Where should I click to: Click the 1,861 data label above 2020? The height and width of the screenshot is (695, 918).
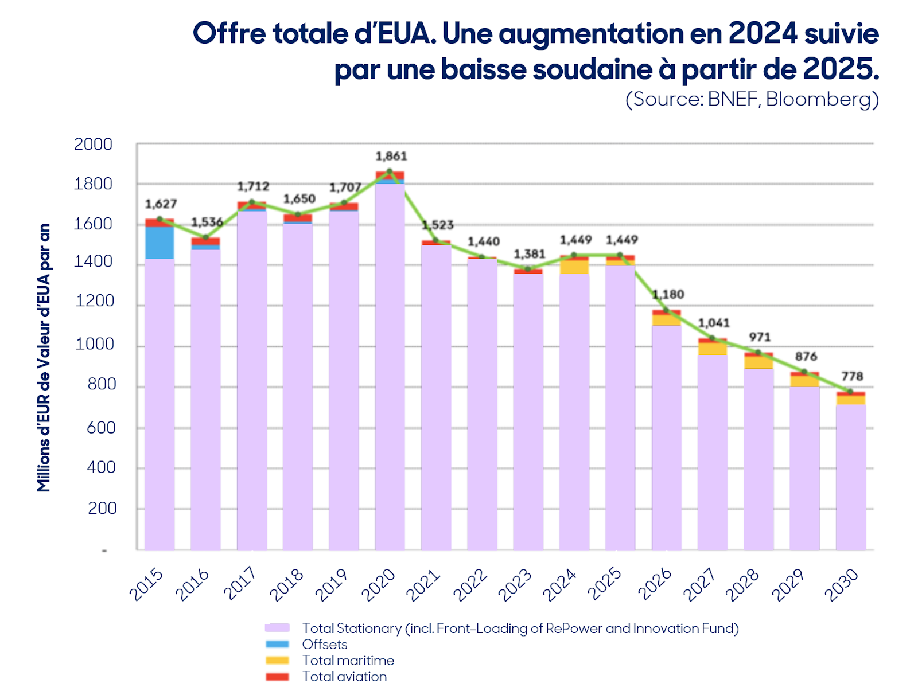[x=391, y=156]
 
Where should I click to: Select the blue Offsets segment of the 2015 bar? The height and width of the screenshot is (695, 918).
[x=160, y=243]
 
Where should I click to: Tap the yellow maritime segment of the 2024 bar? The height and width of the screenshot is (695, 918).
[x=574, y=267]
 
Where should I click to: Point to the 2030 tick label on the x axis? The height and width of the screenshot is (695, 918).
[x=842, y=585]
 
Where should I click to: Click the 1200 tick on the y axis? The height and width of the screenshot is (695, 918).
[x=95, y=300]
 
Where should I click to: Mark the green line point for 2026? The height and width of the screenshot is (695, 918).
[x=666, y=310]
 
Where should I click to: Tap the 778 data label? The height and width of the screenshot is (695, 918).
[x=852, y=376]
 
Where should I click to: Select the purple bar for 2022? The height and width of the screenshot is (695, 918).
[x=482, y=404]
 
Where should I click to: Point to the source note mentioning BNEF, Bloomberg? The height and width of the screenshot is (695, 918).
[x=752, y=99]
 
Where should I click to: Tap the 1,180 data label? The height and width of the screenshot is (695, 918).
[x=668, y=294]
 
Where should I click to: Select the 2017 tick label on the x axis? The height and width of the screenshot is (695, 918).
[x=240, y=584]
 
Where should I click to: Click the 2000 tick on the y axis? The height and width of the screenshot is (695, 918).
[x=94, y=144]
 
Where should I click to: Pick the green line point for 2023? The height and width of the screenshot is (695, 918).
[x=528, y=269]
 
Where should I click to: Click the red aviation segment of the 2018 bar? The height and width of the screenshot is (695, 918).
[x=298, y=218]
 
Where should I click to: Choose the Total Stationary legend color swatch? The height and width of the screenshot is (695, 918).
[x=277, y=628]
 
